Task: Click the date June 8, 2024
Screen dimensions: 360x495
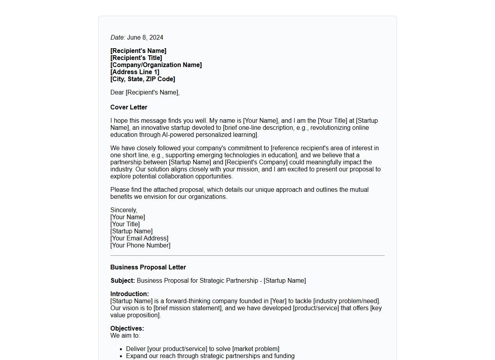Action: [x=145, y=38]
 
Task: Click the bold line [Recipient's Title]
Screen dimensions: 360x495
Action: [x=136, y=58]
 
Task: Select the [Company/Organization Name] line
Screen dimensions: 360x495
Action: [x=156, y=65]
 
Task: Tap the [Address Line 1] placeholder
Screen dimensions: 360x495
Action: [x=135, y=72]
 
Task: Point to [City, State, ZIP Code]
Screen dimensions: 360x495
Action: [x=143, y=79]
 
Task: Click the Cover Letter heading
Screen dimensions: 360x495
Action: [x=129, y=107]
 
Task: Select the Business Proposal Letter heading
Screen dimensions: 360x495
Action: [x=148, y=267]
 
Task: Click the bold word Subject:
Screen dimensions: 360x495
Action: [x=123, y=281]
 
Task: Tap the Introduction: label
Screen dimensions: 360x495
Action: [x=129, y=294]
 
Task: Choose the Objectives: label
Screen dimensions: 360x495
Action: [x=127, y=329]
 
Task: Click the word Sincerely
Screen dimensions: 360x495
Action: [x=123, y=210]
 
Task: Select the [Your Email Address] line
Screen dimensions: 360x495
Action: [x=139, y=238]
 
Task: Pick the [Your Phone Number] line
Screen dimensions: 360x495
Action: [x=140, y=245]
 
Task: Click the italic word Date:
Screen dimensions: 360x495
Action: [x=118, y=38]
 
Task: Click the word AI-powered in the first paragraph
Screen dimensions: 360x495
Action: [x=178, y=135]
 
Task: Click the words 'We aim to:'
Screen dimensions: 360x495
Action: [x=125, y=336]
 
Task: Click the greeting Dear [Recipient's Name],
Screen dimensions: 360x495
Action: [x=145, y=93]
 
